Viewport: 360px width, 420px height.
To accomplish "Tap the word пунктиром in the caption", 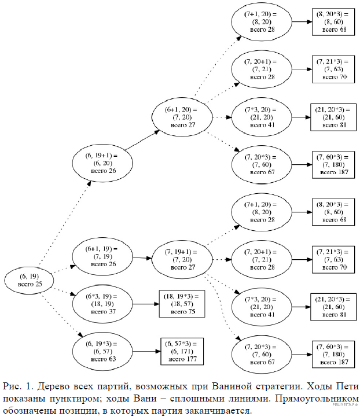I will coord(80,399).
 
